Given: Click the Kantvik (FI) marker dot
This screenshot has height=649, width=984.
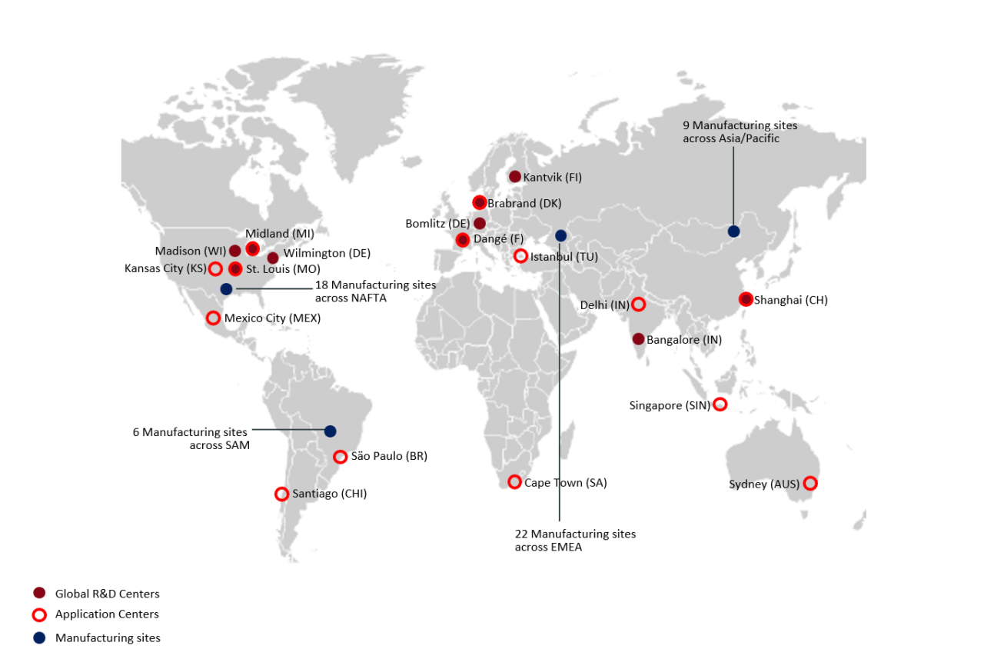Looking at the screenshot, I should pos(515,177).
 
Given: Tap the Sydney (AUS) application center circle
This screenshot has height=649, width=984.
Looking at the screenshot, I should pos(809,484).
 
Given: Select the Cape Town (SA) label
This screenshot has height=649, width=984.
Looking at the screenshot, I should pos(565,483).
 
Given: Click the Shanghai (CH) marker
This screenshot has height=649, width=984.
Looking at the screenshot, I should pos(745,299).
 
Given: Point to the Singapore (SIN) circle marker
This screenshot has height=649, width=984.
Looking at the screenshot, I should pos(720,404).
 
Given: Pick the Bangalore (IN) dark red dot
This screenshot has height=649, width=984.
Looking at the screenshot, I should pos(638,339).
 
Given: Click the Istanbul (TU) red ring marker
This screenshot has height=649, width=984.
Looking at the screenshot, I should pos(520,256).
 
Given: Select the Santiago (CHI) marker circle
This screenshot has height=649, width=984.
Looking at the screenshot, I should pos(281,494).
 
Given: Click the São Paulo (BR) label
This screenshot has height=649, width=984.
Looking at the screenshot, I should pos(389,456).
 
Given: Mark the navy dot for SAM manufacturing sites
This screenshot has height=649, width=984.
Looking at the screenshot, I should pos(331,431).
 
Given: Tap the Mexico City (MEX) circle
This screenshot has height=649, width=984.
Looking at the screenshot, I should pos(213,318).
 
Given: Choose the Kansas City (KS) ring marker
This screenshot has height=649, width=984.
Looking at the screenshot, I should pos(215,268).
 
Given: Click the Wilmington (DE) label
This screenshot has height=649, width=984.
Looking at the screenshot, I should pos(327,253).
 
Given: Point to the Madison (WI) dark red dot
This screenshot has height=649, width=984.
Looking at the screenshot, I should pos(235,251).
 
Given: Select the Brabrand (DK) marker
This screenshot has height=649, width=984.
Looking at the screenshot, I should pos(480,203).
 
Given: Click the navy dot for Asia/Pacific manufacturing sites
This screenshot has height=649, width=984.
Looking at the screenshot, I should pos(734,231).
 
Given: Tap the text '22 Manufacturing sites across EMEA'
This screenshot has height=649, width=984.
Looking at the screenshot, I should pos(575,540).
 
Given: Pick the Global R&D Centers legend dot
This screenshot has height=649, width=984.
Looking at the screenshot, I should pos(39,593).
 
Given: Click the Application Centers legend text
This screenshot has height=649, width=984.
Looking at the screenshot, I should pos(107,614).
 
